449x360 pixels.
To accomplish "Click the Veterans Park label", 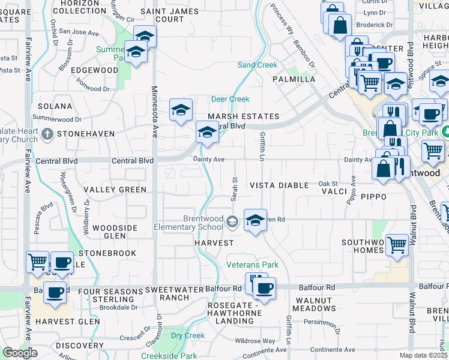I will pos(252,265).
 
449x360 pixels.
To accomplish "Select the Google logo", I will pos(20,353).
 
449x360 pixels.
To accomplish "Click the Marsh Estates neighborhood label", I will pos(243,116).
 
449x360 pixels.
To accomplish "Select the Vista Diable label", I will pos(279,186).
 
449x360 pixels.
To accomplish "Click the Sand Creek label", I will pos(258,65).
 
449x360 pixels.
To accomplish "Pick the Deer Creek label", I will pos(230,99).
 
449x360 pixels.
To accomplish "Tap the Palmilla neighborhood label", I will pos(294,79).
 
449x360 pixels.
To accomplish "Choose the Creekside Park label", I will pos(169,356).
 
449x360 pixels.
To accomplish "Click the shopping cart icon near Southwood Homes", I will pos(397,244).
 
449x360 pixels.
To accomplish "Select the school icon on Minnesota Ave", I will pos(181,110).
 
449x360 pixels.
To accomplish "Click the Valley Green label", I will pos(115,190).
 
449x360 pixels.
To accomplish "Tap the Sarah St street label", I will pos(234,189).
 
